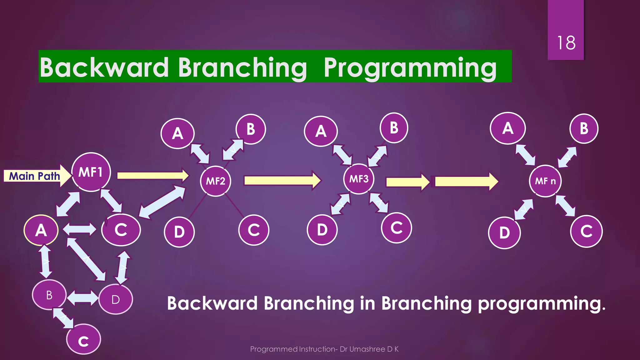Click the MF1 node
pos(91,172)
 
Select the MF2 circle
pos(216,181)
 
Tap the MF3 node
pos(359,179)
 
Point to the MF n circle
pos(545,181)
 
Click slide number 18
pos(566,43)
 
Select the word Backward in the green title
pos(104,67)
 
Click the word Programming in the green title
pos(410,67)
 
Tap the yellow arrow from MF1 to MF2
pos(152,175)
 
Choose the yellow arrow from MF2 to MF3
pos(282,180)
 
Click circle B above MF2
pos(251,129)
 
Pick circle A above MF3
pos(321,131)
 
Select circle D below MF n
pos(504,233)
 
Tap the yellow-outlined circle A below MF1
pos(41,230)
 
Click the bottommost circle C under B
pos(83,340)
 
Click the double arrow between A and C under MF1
pos(80,229)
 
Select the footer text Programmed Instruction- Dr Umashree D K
pos(324,349)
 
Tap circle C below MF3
pos(397,228)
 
